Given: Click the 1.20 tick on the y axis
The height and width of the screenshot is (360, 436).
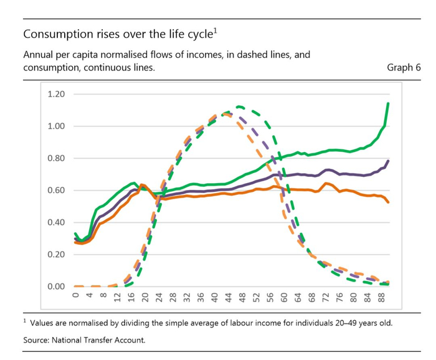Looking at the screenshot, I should (x=57, y=95).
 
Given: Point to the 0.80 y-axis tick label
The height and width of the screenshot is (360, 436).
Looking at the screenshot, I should (x=57, y=158).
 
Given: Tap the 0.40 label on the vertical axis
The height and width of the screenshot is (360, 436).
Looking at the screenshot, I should (x=57, y=222).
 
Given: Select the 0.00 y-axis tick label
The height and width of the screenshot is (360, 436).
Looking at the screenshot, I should (x=57, y=287).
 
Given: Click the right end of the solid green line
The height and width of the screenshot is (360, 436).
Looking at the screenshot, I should (x=389, y=103).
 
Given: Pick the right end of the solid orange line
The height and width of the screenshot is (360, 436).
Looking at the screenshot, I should (x=389, y=202).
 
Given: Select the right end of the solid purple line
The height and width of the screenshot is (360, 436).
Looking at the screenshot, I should (x=389, y=161).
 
